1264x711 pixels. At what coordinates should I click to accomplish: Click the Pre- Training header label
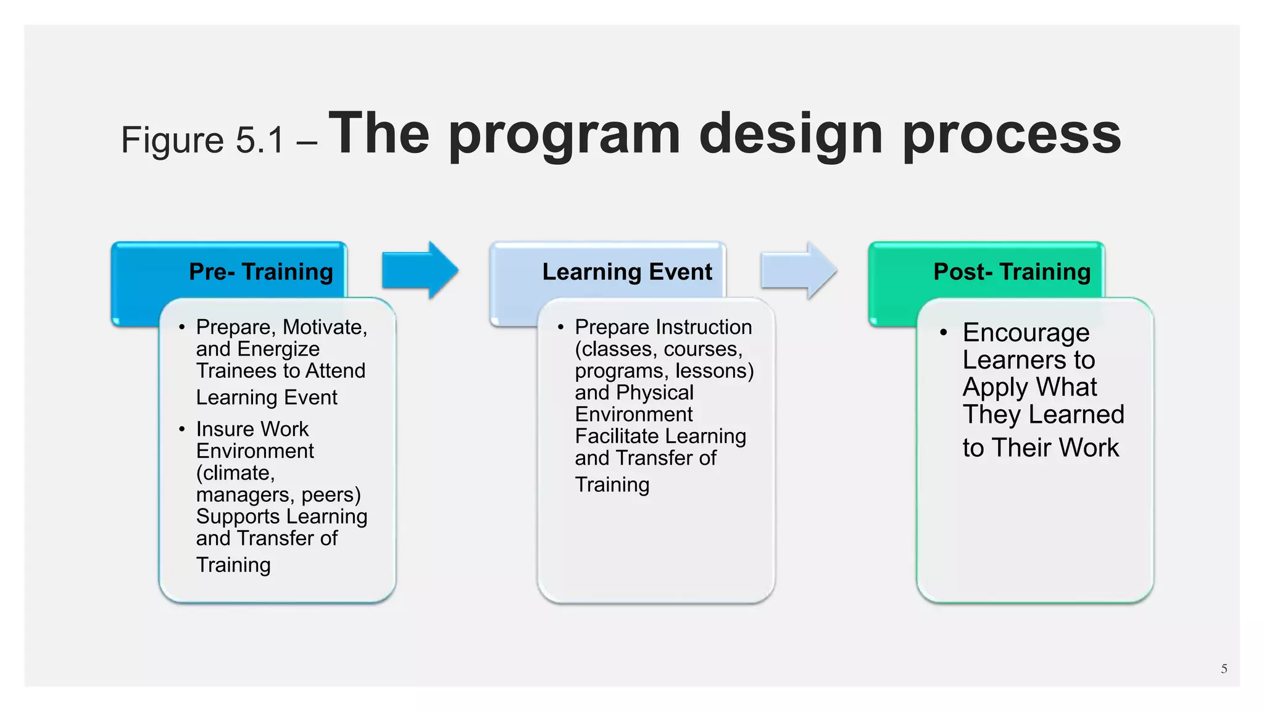tap(260, 272)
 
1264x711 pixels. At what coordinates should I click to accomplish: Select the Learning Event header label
tap(627, 272)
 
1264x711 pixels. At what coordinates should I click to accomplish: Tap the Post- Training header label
tap(1012, 272)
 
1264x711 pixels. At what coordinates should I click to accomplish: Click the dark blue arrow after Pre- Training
tap(420, 270)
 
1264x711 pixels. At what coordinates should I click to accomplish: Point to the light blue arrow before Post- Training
tap(799, 270)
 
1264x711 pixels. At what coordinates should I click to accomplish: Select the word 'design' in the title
tap(791, 135)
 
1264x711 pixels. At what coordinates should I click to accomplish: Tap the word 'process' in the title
tap(1012, 135)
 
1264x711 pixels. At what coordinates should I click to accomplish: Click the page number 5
tap(1224, 669)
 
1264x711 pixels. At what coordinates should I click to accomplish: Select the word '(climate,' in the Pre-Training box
tap(235, 473)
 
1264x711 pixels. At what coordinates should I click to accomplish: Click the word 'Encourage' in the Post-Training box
tap(1026, 333)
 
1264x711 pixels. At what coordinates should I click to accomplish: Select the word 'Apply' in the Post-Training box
tap(991, 388)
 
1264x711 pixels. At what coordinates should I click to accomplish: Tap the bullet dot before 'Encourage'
tap(943, 333)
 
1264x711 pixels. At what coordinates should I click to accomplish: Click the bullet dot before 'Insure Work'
tap(181, 429)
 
